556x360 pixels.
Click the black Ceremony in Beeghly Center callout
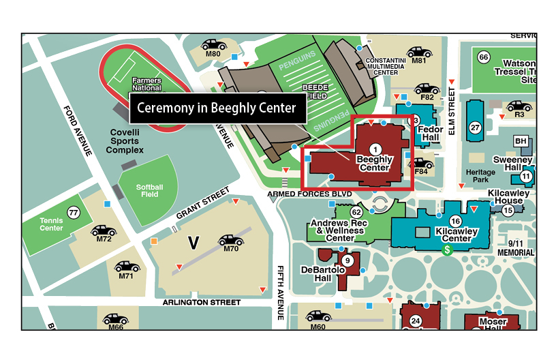coord(217,108)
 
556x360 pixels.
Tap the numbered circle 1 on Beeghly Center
coord(374,148)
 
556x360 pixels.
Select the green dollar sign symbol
coord(447,250)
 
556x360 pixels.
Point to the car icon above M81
coord(419,51)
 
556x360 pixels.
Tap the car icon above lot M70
coord(231,240)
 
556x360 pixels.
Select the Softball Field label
coord(149,191)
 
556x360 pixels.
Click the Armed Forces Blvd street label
coord(309,194)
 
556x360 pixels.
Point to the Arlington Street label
coord(202,302)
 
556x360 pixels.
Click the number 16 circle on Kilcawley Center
coord(456,220)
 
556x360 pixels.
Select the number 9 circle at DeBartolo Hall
coord(347,259)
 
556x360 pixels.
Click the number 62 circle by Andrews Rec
coord(356,213)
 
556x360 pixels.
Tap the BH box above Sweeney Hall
coord(522,141)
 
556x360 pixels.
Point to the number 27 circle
coord(476,127)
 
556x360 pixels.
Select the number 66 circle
coord(484,57)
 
